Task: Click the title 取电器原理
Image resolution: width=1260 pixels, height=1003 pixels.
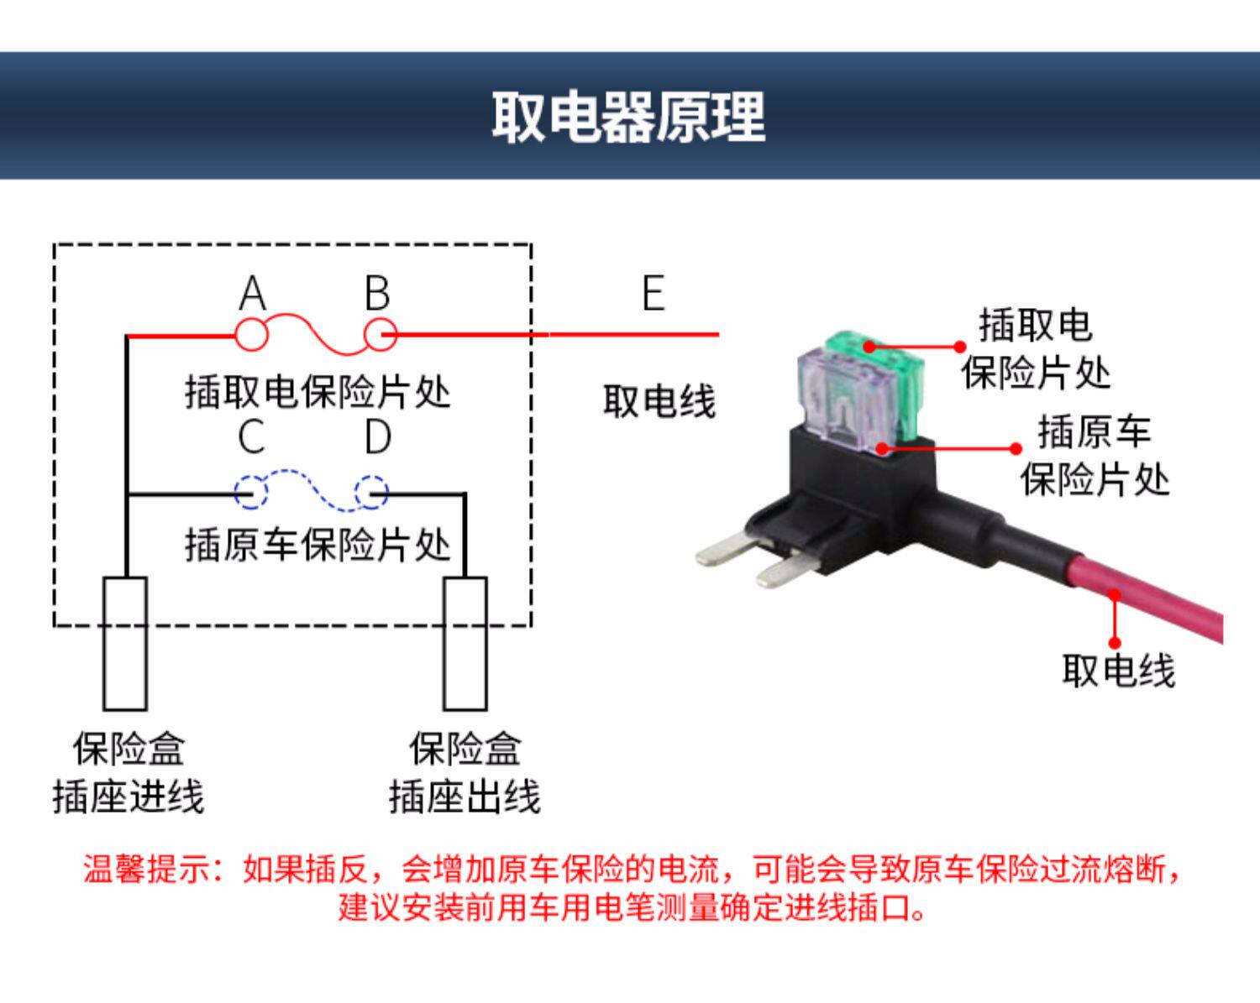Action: (628, 117)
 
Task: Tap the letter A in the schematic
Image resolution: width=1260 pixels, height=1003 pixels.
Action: (252, 294)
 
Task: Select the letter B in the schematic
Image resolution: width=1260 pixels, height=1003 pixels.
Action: (377, 294)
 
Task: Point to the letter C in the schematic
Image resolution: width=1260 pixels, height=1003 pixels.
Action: (251, 437)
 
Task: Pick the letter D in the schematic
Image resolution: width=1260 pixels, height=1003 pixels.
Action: (378, 437)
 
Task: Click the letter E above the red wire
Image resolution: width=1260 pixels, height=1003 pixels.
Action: (653, 294)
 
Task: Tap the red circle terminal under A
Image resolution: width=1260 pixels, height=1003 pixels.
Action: (251, 335)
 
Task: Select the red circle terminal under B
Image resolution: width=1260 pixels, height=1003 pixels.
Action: (380, 335)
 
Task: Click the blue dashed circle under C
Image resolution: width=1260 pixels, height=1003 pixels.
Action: (250, 493)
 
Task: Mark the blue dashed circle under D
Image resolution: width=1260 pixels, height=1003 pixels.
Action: (371, 493)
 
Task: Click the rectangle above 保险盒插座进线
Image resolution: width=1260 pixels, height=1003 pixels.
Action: (125, 643)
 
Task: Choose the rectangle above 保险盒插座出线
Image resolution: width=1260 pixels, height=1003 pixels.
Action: (465, 643)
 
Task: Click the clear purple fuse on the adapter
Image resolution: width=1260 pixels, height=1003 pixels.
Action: (835, 394)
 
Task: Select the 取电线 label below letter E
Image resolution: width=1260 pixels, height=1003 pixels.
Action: (659, 401)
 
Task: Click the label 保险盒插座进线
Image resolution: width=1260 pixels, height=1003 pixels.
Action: (128, 773)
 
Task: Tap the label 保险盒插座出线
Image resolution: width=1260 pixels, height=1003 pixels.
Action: (465, 773)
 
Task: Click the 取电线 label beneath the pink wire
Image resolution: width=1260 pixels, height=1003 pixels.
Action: (1118, 671)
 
